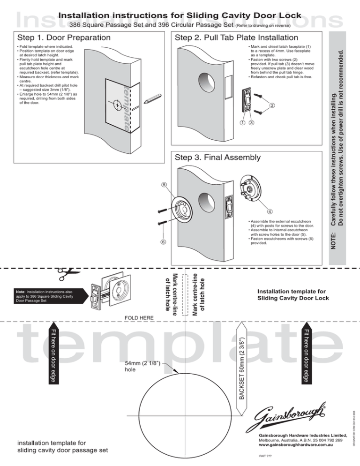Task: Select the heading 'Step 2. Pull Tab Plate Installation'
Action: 236,37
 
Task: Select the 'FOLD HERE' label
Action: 139,318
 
